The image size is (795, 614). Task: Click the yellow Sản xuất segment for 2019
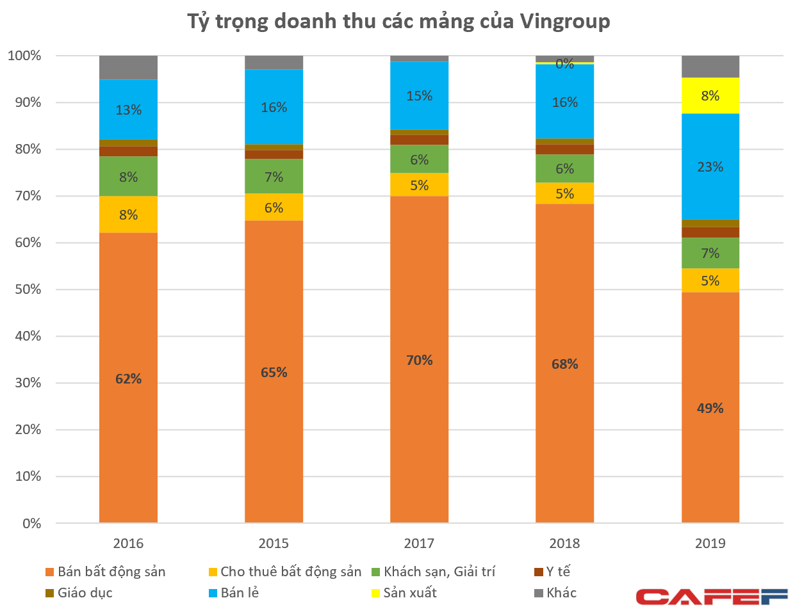(710, 95)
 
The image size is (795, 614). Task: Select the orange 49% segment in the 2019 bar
(710, 408)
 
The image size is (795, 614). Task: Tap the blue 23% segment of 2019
(710, 166)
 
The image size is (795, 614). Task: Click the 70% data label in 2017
(419, 360)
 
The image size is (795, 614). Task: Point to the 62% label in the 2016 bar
(128, 379)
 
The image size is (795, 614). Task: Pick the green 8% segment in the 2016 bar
(128, 177)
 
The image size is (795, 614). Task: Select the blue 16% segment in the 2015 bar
(274, 107)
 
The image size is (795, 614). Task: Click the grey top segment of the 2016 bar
(128, 67)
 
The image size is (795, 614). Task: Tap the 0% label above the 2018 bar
(564, 64)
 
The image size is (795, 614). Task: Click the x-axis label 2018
(564, 544)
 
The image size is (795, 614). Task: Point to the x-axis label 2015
(274, 544)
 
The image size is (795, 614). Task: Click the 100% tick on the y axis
(24, 56)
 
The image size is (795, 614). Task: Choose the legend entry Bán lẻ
(239, 593)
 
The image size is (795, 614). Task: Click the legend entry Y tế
(557, 572)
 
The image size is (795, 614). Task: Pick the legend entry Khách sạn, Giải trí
(439, 572)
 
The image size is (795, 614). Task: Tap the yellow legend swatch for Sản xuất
(375, 594)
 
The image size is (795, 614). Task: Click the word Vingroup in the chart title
(564, 21)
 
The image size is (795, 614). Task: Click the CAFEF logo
(711, 597)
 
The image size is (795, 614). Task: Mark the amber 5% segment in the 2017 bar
(419, 185)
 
